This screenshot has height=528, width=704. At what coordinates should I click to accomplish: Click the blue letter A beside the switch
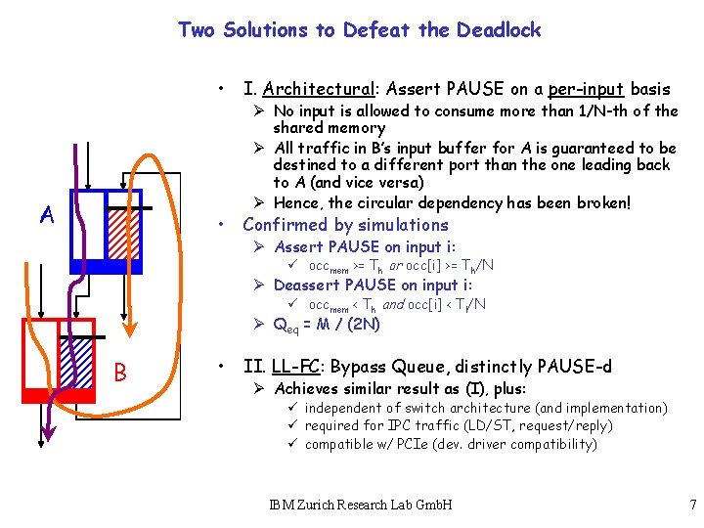coord(47,214)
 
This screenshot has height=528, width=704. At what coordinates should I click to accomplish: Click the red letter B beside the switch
coord(120,373)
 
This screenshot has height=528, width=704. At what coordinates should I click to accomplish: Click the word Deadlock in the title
coord(497,30)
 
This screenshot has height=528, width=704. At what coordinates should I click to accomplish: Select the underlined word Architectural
coord(312,89)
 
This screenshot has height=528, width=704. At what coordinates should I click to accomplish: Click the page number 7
coord(691,506)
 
